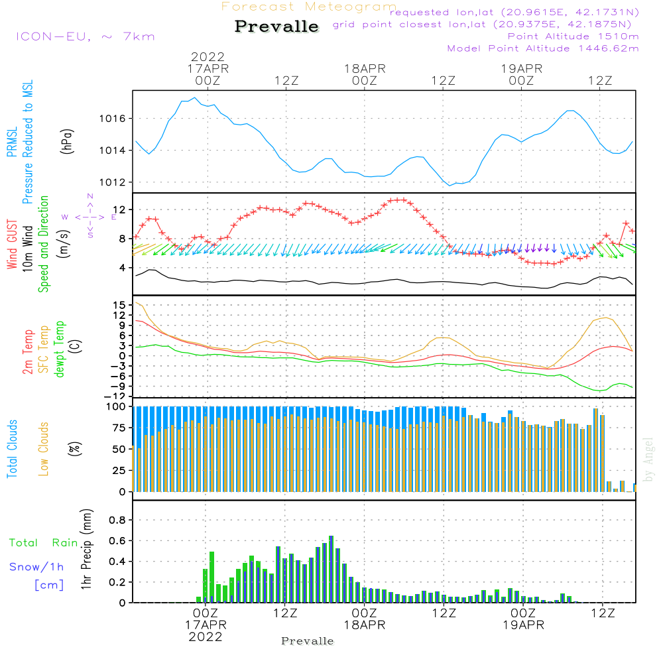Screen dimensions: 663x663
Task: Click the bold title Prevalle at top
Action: tap(276, 27)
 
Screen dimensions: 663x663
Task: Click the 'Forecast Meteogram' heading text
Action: tap(309, 7)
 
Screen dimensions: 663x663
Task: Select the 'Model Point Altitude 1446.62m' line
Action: tap(543, 48)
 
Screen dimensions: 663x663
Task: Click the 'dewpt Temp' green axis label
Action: tap(60, 350)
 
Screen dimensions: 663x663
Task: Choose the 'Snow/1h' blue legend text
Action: tap(36, 568)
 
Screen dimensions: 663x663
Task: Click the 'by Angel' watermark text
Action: tap(649, 459)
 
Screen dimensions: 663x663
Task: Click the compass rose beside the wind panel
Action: tap(90, 217)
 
